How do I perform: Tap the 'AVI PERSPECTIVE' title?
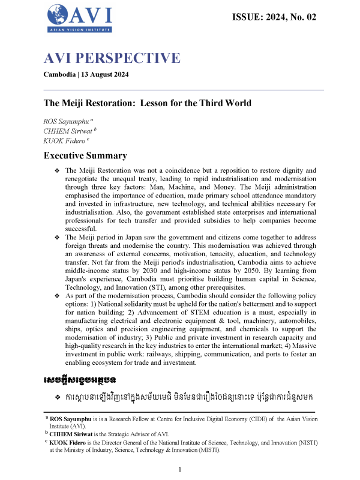pos(112,58)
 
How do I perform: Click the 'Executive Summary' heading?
pos(85,156)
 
